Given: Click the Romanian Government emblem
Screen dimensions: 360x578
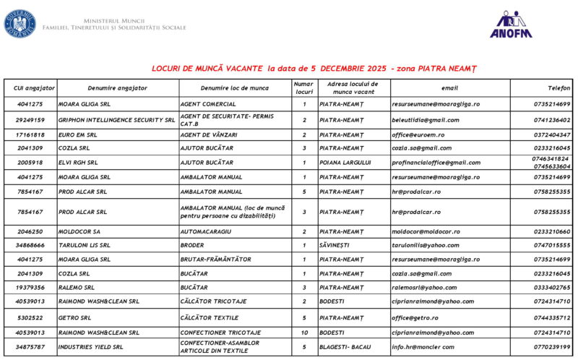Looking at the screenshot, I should point(20,24).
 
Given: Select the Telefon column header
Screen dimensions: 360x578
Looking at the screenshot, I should point(558,88).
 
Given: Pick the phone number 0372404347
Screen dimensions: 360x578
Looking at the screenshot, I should point(552,134).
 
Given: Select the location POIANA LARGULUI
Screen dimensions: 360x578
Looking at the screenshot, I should point(345,163).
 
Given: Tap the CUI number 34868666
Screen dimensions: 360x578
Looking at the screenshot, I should point(30,245).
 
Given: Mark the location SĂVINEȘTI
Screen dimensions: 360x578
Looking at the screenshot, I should point(337,245).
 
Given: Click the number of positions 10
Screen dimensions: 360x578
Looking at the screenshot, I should point(304,333).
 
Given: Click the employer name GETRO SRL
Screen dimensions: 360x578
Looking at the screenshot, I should point(75,317).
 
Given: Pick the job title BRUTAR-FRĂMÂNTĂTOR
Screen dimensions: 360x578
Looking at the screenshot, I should point(215,259).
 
